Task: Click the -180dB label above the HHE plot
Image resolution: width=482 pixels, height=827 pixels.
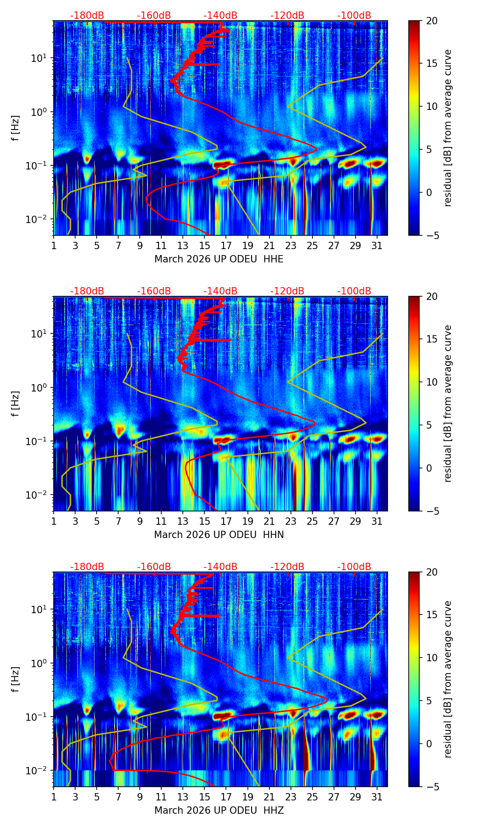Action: pos(87,16)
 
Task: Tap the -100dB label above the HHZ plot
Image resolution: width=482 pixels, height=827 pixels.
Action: pos(354,567)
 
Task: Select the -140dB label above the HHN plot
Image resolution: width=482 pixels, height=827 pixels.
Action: pos(220,291)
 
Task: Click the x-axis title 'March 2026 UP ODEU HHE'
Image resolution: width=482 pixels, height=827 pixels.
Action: pos(219,259)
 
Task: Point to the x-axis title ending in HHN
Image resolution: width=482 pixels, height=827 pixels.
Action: pos(219,535)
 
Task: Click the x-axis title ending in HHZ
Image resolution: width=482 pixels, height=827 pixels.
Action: pos(219,811)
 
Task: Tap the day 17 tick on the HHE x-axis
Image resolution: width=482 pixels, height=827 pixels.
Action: pos(226,245)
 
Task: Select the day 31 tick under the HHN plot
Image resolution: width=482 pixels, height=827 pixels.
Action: pos(377,521)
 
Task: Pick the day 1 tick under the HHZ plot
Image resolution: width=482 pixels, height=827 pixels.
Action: pos(54,796)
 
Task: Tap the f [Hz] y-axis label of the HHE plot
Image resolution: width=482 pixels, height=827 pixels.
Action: pos(16,128)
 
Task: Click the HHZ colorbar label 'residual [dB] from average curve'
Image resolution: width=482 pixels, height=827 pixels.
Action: pos(448,679)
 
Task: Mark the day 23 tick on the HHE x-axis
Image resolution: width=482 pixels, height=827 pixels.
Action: pos(291,245)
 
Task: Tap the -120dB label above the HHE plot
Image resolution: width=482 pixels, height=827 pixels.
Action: pos(287,16)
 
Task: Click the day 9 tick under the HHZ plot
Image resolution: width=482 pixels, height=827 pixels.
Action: pos(140,796)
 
